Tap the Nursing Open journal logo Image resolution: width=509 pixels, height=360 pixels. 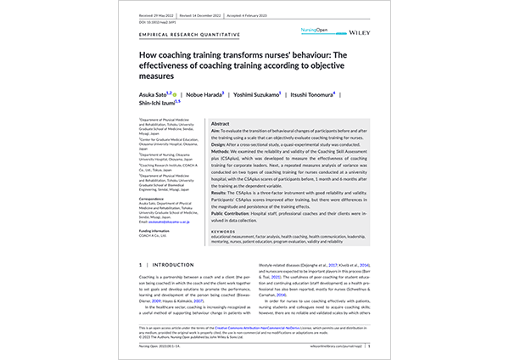pos(314,30)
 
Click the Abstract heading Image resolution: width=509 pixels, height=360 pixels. pos(220,123)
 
